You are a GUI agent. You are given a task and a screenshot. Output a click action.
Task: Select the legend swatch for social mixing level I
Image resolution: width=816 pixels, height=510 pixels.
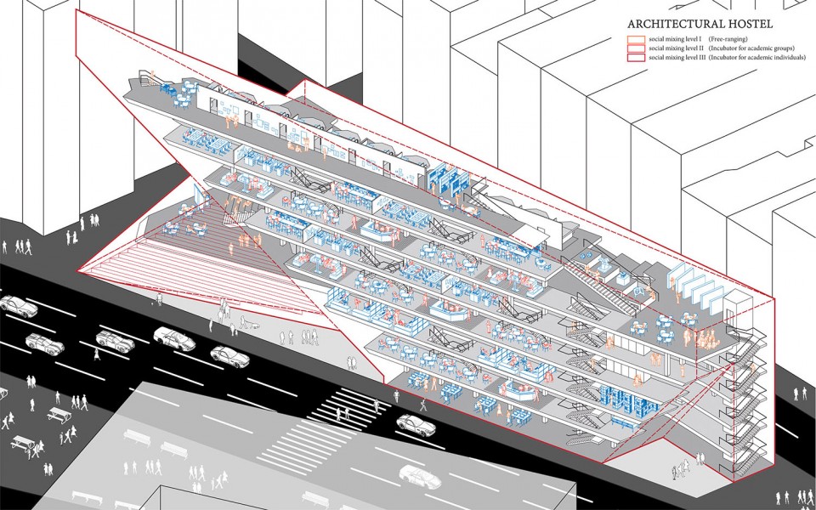point(636,39)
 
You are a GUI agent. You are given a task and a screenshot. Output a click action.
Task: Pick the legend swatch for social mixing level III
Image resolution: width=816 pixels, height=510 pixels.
point(636,58)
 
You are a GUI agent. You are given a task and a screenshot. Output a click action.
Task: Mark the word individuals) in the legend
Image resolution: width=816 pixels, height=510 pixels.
point(789,58)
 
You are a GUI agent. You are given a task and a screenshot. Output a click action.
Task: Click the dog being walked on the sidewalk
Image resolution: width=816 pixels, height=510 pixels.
point(254,325)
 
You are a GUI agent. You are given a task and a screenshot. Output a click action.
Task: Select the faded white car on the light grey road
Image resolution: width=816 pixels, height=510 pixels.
point(420,477)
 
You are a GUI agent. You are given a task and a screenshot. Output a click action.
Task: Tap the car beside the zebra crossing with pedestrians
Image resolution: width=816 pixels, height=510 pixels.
point(416,425)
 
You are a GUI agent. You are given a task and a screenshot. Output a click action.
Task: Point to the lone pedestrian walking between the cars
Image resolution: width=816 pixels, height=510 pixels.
point(97,354)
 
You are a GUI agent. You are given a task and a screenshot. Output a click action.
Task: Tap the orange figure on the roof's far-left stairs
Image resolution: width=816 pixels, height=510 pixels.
point(152,76)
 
